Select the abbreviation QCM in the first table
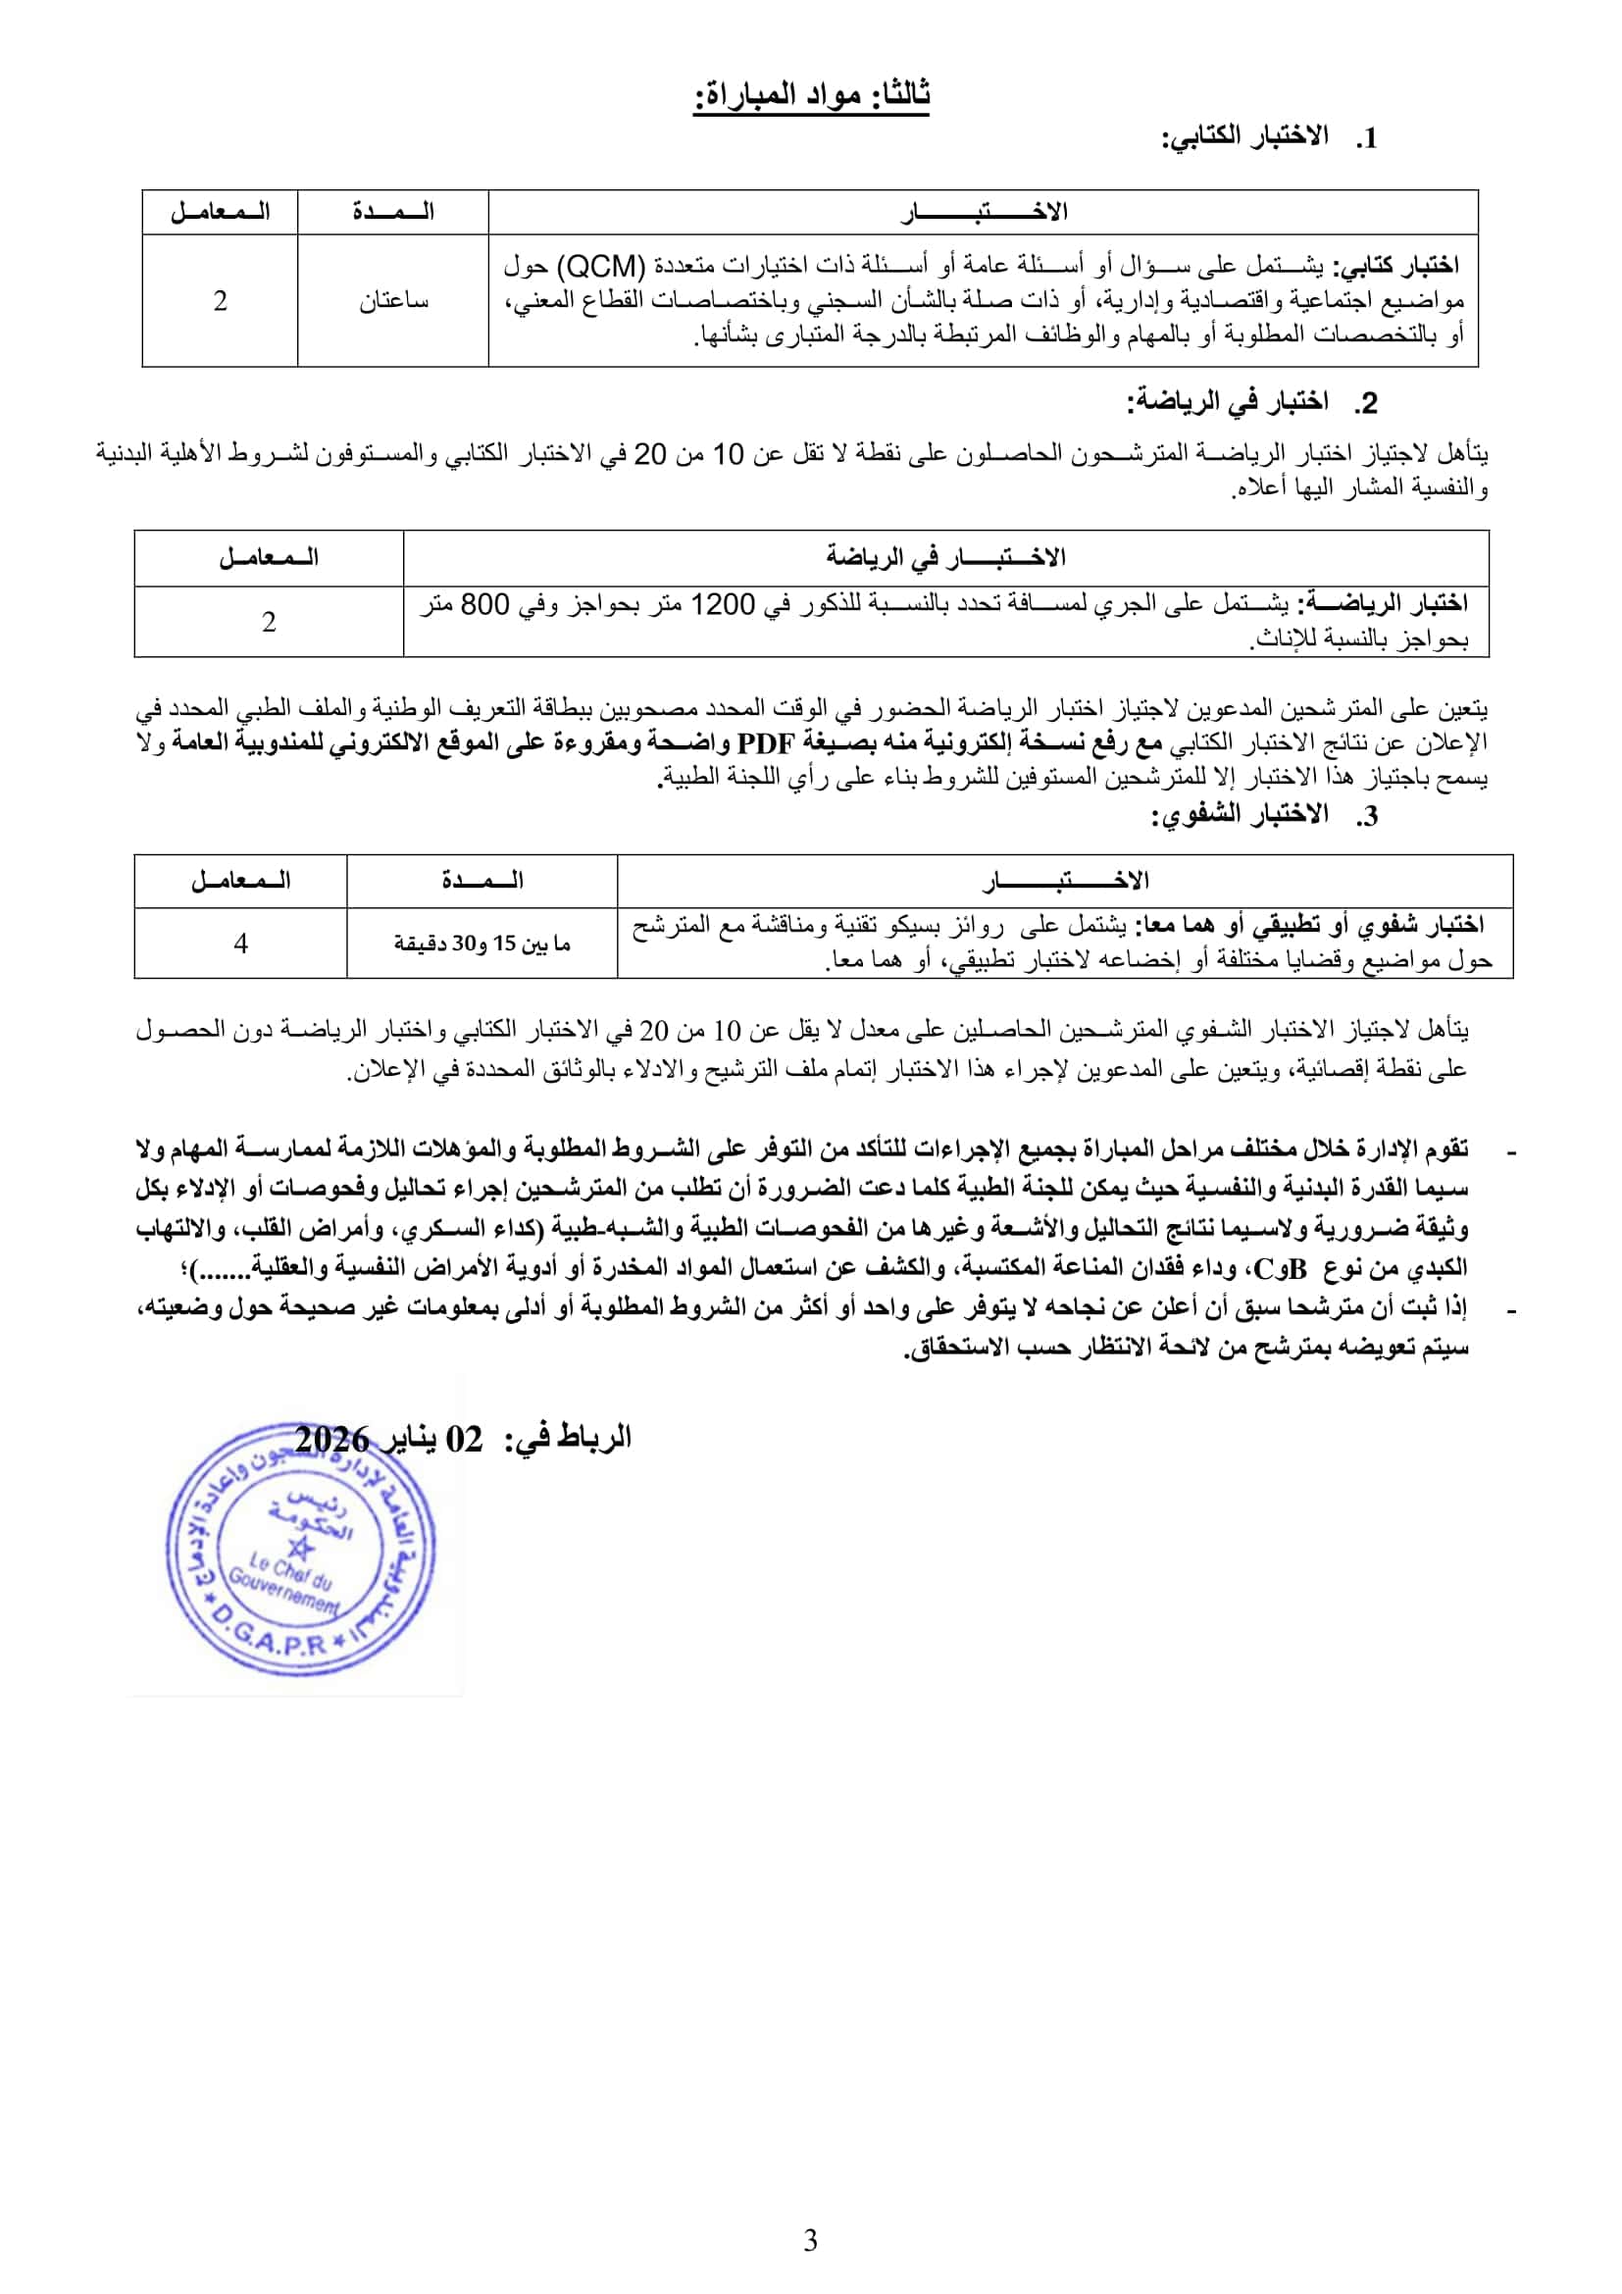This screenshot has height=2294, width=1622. pos(600,266)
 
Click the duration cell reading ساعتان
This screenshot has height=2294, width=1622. pos(393,301)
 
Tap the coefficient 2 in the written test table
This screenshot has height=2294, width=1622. pos(220,301)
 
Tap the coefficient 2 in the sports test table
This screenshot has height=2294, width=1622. pos(268,622)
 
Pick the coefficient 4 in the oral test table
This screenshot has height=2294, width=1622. pos(239,943)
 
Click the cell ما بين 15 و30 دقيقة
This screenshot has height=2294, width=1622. pos(482,943)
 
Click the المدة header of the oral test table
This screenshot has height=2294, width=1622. pos(482,880)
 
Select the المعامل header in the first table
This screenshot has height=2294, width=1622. pos(220,212)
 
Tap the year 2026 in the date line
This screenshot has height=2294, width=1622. pos(332,1440)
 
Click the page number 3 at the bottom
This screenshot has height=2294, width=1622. pos(810,2240)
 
